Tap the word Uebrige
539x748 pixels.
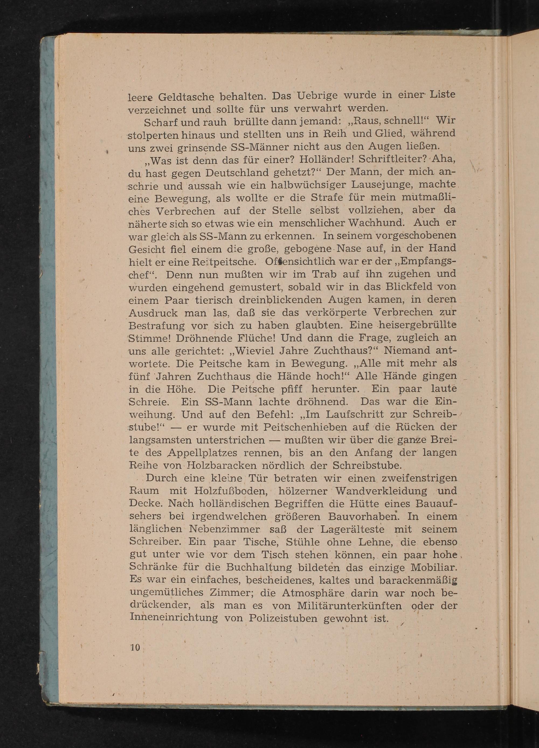318,96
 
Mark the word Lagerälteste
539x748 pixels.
352,529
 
